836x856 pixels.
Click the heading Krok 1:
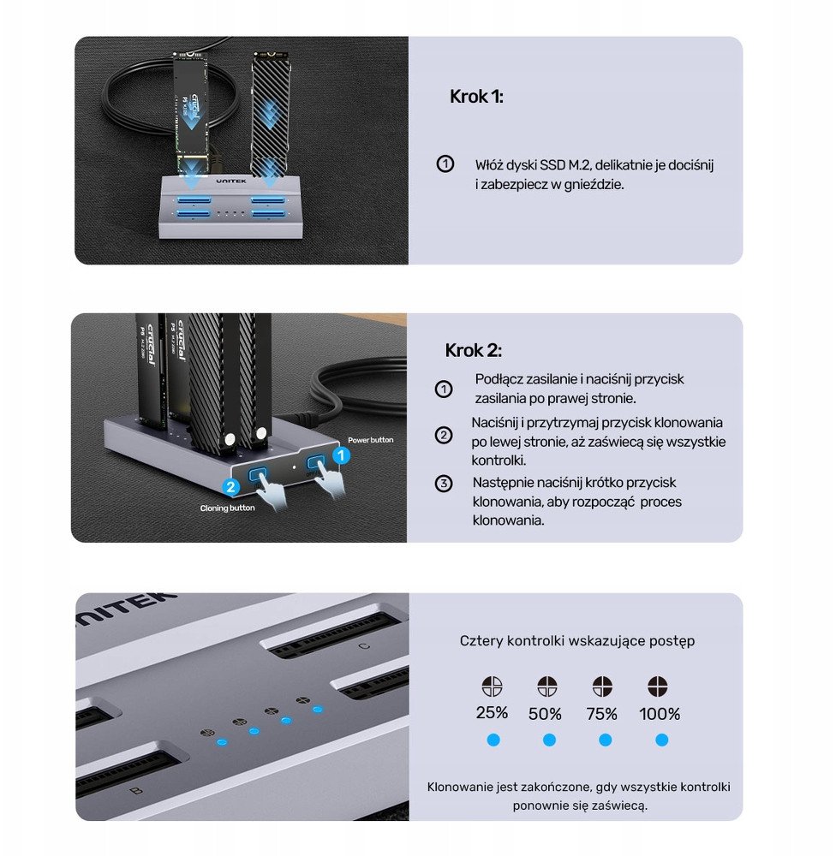[476, 97]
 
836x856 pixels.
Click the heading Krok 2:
[473, 351]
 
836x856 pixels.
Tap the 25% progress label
[492, 713]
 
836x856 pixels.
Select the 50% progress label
[546, 713]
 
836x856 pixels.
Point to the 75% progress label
[603, 713]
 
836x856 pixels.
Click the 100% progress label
[660, 713]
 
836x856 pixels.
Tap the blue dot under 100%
[661, 740]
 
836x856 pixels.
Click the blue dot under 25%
[493, 740]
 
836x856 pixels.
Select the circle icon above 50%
[546, 687]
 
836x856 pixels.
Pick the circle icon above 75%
[603, 687]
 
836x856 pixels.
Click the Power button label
[370, 440]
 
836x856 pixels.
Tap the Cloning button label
[227, 508]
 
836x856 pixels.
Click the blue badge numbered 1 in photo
[340, 455]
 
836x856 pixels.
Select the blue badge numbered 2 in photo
[230, 486]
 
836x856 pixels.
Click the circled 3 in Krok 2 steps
[444, 484]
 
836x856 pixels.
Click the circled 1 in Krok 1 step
[445, 164]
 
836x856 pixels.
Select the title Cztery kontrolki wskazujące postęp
[576, 640]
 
